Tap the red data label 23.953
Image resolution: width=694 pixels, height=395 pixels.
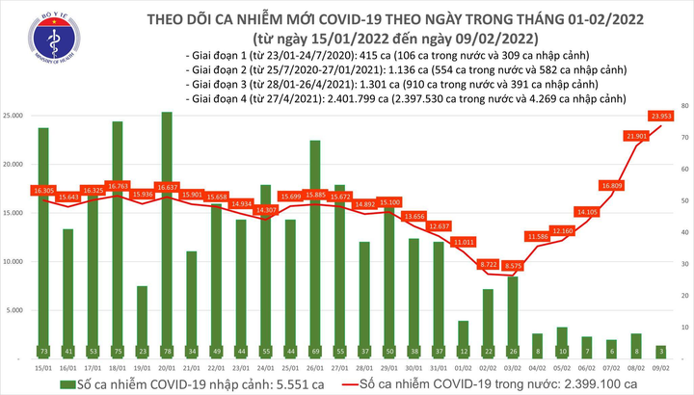[658, 117]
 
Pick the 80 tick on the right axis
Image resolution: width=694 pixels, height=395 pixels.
[681, 104]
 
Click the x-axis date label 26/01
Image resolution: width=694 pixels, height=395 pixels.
[314, 367]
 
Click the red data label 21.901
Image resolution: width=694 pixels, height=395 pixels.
[635, 136]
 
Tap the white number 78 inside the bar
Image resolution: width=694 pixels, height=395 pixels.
[167, 351]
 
